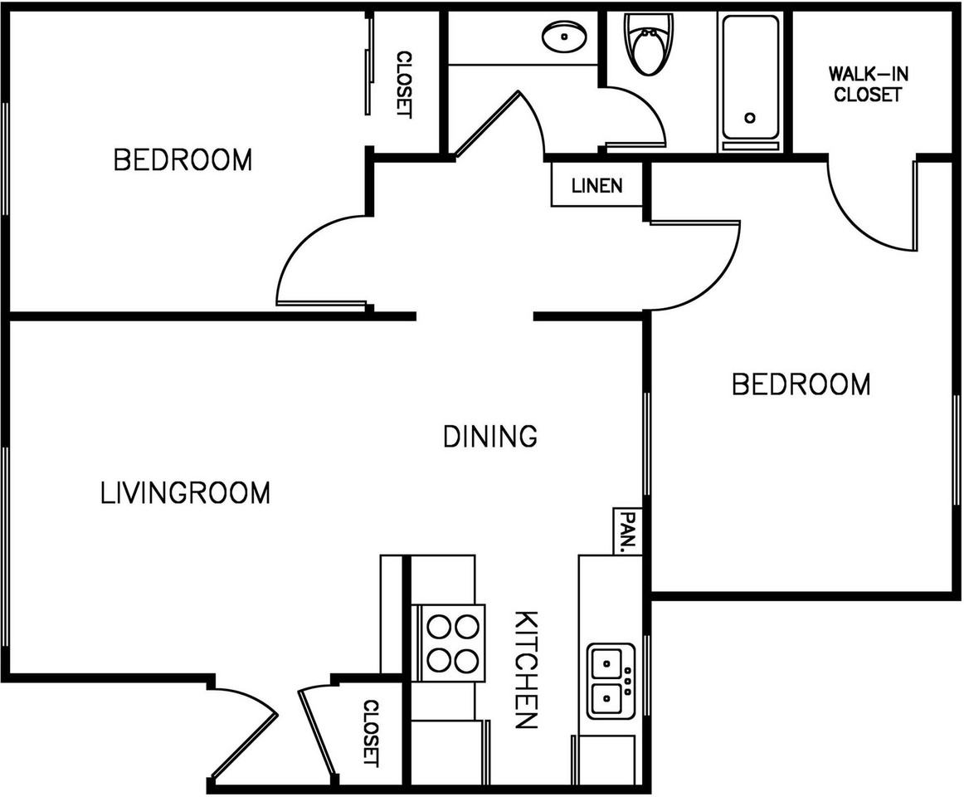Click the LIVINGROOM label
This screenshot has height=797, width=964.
click(x=185, y=492)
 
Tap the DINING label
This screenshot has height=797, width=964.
click(x=490, y=436)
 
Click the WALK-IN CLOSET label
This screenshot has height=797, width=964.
click(x=868, y=84)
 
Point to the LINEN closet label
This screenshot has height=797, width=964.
click(x=596, y=185)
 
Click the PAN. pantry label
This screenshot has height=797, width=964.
click(x=626, y=531)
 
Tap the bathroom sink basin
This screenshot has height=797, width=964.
click(x=564, y=37)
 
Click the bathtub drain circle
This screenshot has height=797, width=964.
click(x=750, y=118)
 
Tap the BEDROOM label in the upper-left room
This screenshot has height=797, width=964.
click(x=183, y=159)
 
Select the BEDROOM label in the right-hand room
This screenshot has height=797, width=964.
click(x=801, y=384)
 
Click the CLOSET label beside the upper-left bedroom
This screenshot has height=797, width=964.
click(x=403, y=84)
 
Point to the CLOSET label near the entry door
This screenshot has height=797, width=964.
click(x=370, y=733)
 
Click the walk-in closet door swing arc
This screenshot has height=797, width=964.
click(x=871, y=212)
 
